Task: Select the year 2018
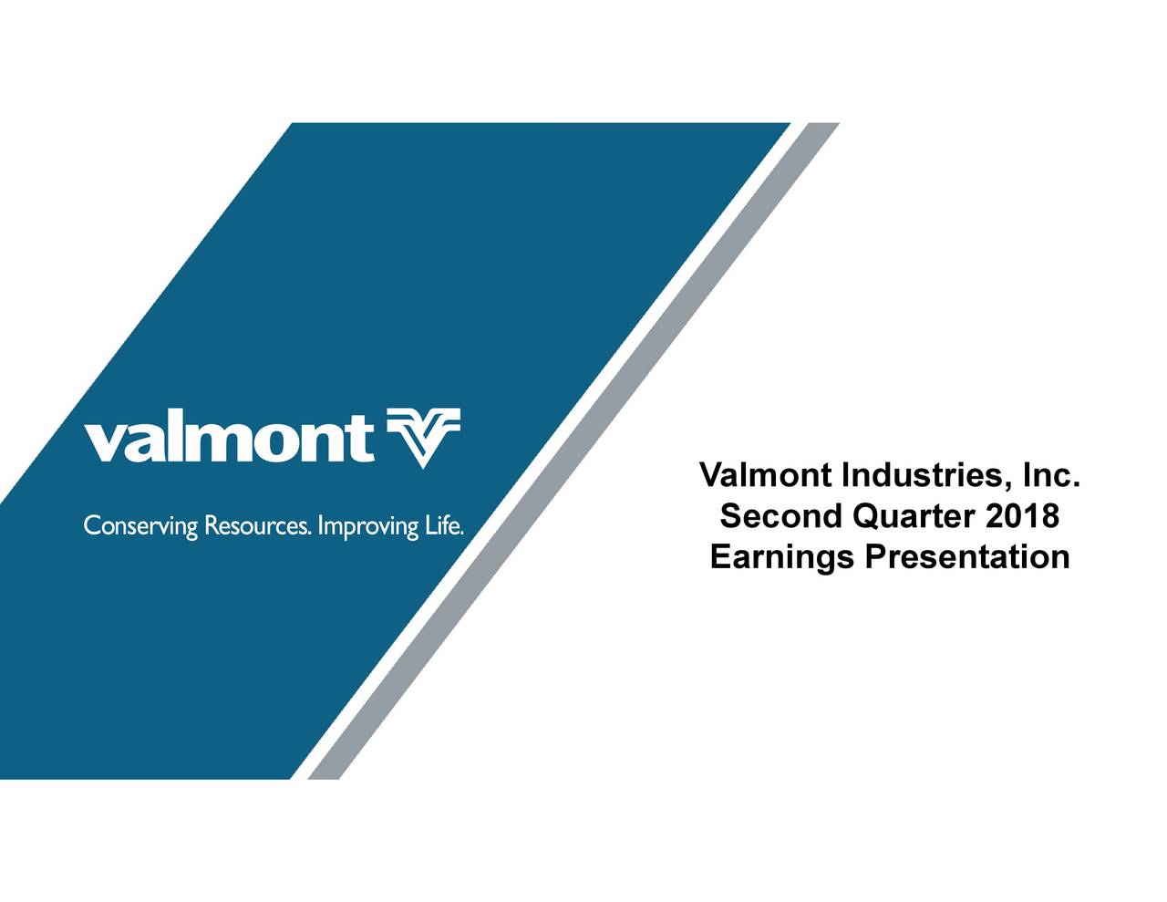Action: coord(1022,517)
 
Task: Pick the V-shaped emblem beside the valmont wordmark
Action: coord(424,437)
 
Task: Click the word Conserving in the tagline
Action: coord(140,527)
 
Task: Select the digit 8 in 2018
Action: coord(1048,517)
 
